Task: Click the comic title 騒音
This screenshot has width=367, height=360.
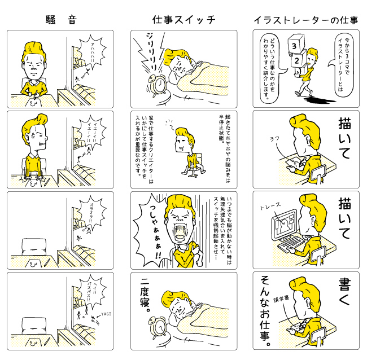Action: click(61, 20)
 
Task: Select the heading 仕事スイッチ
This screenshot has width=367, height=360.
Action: click(183, 20)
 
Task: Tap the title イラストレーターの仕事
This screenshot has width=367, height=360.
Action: click(306, 20)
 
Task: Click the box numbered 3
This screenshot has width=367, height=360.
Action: click(296, 44)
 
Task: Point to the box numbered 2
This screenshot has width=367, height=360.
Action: click(298, 59)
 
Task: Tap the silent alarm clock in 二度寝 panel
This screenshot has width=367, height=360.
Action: click(158, 327)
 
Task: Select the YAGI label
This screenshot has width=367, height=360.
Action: click(106, 314)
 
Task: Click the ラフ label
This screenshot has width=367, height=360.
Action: click(274, 139)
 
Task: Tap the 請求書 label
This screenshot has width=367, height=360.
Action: click(281, 299)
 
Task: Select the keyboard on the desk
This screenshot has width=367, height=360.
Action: click(292, 244)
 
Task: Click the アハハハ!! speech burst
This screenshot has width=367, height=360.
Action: click(92, 52)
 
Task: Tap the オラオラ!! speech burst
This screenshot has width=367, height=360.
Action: click(92, 214)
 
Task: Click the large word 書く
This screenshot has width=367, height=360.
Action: click(344, 292)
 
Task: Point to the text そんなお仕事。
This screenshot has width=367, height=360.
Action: click(265, 311)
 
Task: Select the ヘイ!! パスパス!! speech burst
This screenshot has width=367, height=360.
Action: click(92, 293)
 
